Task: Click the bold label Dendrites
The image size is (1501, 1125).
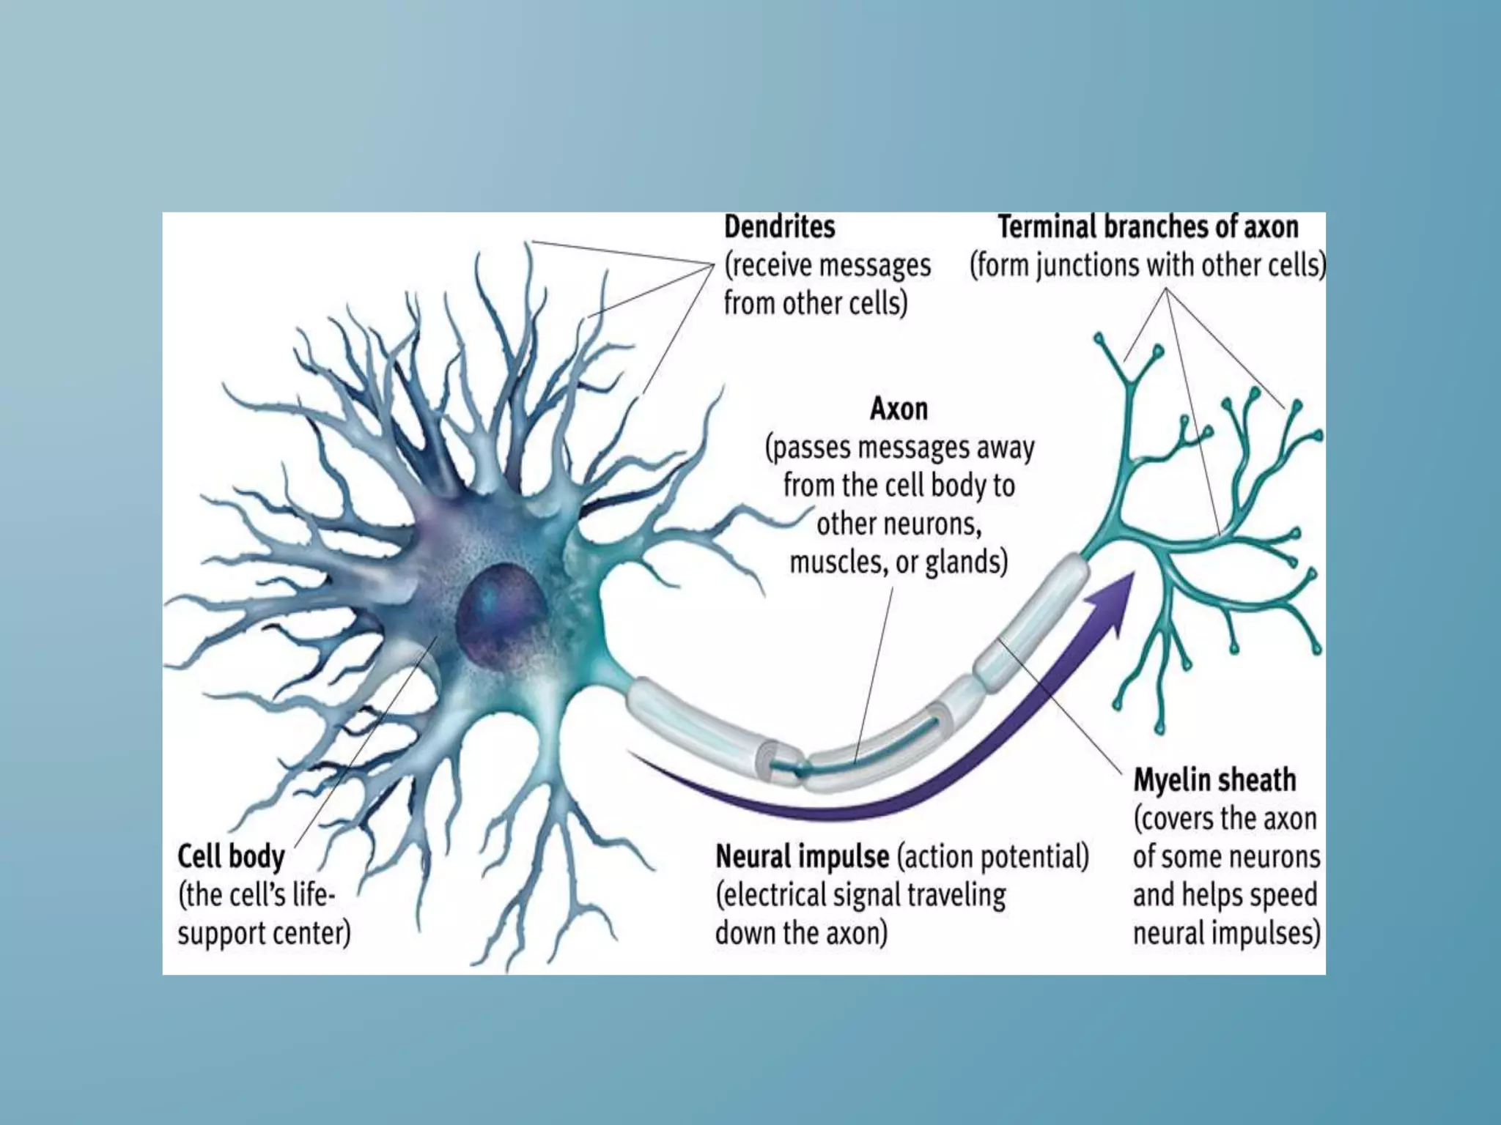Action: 779,227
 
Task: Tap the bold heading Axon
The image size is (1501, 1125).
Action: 899,409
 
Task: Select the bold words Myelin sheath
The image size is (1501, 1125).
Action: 1214,780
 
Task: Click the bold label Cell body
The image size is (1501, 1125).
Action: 231,856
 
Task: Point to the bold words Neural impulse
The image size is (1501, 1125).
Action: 802,856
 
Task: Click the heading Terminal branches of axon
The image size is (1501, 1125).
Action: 1148,227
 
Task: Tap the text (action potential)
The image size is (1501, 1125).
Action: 993,856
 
